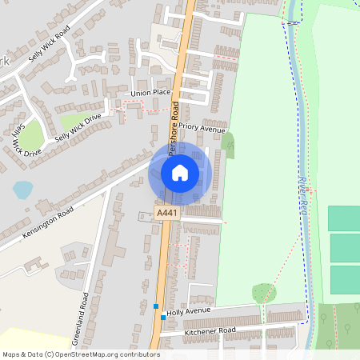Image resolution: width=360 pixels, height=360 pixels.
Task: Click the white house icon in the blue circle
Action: pos(180,172)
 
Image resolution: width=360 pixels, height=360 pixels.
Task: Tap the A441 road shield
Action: pos(167,213)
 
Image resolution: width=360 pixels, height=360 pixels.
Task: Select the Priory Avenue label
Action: pos(203,127)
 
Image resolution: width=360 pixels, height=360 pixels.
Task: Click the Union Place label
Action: pos(152,92)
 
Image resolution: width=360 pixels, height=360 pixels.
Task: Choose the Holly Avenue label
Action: pos(190,310)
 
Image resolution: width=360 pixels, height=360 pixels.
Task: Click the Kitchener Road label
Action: pos(210,330)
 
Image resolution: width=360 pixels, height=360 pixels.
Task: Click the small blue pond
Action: pos(23,190)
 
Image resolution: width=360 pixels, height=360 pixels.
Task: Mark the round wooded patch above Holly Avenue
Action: pos(263,294)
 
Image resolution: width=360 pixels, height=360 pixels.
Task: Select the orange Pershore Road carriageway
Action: pos(163,264)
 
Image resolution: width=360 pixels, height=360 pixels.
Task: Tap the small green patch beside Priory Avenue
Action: pos(230,145)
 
